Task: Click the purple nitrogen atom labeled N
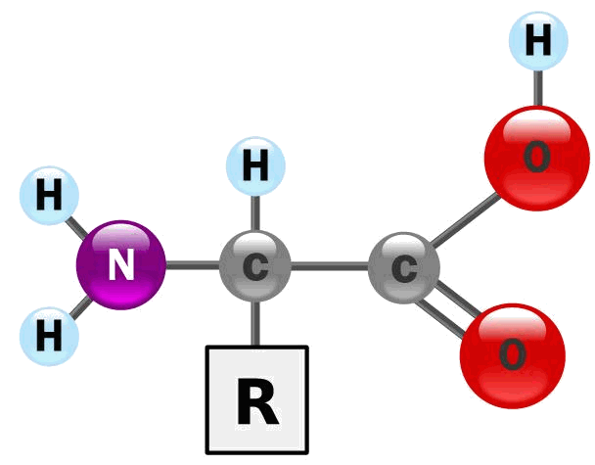click(121, 265)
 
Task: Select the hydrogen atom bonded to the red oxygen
click(538, 41)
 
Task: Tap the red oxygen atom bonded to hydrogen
click(537, 158)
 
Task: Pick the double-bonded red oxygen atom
click(513, 355)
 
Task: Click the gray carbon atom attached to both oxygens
click(404, 268)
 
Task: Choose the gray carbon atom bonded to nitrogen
click(255, 265)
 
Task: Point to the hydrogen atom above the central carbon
click(255, 166)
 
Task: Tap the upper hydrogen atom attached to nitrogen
click(49, 196)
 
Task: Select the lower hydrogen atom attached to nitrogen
click(49, 337)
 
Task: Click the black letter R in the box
click(257, 401)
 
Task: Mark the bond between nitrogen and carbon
click(193, 265)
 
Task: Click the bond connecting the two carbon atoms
click(330, 266)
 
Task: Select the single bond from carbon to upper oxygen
click(465, 219)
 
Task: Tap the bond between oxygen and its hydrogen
click(538, 88)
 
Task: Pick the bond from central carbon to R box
click(255, 323)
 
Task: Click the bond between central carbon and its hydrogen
click(255, 213)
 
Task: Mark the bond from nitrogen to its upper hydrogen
click(76, 228)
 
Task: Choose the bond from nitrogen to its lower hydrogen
click(80, 307)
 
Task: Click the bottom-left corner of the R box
click(206, 453)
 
